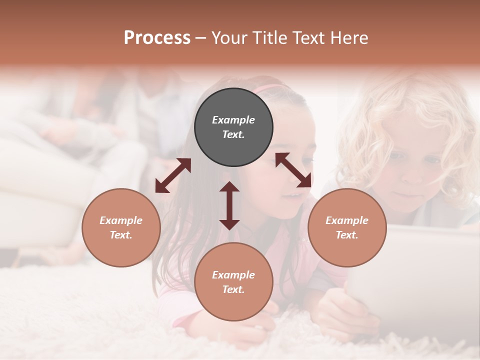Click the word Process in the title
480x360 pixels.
pyautogui.click(x=157, y=38)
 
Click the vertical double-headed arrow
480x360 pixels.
pyautogui.click(x=229, y=205)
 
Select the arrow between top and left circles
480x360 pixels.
pyautogui.click(x=173, y=175)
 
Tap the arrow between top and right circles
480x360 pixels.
pyautogui.click(x=293, y=170)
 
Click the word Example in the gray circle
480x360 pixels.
pyautogui.click(x=233, y=120)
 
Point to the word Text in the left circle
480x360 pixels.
pyautogui.click(x=121, y=235)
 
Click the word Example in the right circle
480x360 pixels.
pyautogui.click(x=347, y=220)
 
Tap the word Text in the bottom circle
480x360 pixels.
pyautogui.click(x=233, y=289)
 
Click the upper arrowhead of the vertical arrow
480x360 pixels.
pyautogui.click(x=229, y=187)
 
